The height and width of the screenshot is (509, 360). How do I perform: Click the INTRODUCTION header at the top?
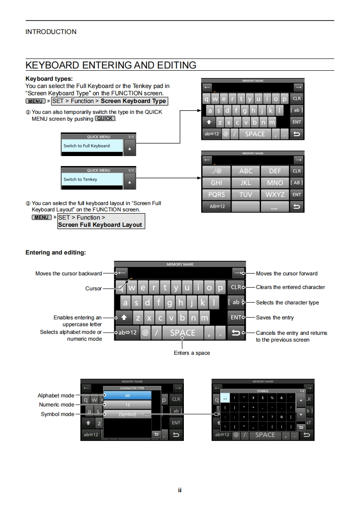click(x=51, y=32)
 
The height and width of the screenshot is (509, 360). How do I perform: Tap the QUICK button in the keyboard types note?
click(x=104, y=119)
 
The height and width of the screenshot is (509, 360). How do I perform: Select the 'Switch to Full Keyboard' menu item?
click(x=92, y=146)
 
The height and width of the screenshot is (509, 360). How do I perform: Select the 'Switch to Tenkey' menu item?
click(x=92, y=180)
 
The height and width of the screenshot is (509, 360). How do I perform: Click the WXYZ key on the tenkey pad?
click(x=275, y=195)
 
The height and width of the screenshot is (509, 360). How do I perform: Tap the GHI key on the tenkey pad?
click(x=217, y=183)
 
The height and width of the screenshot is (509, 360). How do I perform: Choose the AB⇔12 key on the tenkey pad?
click(x=217, y=206)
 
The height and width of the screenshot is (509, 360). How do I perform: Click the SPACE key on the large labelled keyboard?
click(x=182, y=333)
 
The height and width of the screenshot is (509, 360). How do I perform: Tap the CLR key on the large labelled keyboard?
click(x=236, y=287)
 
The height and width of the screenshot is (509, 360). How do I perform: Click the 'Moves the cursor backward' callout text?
click(x=69, y=274)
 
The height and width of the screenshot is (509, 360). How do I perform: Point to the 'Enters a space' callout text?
click(x=192, y=353)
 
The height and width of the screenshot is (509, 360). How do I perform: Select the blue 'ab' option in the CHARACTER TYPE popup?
click(x=127, y=396)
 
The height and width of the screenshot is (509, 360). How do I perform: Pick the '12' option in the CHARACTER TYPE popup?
click(x=127, y=405)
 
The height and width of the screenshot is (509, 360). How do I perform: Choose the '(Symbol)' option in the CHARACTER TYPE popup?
click(x=127, y=414)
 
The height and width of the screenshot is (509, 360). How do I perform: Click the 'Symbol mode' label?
click(x=57, y=414)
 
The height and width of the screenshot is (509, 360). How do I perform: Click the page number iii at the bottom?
click(x=180, y=490)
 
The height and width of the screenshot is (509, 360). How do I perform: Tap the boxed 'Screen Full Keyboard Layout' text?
click(x=100, y=225)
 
